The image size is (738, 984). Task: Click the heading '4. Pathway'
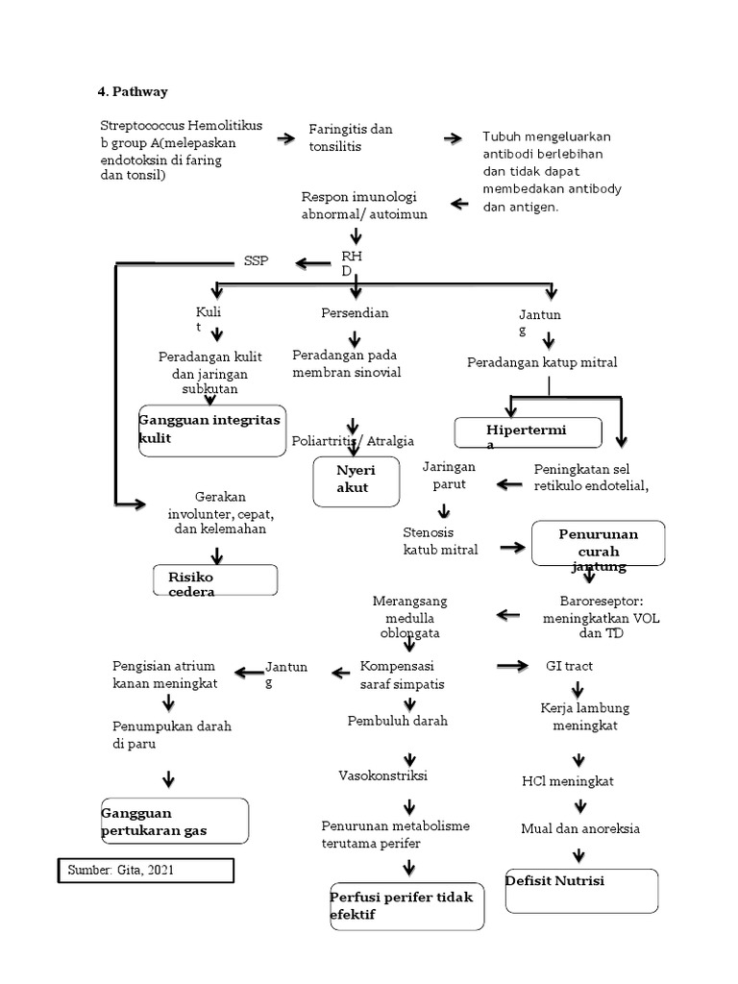tap(133, 92)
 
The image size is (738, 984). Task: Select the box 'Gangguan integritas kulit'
tap(211, 430)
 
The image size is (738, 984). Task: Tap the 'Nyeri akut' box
tap(355, 480)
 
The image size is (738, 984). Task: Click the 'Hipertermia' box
tap(529, 433)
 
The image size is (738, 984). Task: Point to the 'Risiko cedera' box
tap(215, 580)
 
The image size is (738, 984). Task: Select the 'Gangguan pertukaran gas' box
tap(174, 821)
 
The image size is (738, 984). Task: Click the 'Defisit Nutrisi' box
tap(581, 890)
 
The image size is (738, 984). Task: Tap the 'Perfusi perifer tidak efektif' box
tap(406, 906)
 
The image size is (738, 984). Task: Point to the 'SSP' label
tap(257, 261)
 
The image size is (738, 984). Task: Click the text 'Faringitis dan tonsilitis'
tap(350, 137)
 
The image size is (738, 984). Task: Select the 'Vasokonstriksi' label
tap(383, 775)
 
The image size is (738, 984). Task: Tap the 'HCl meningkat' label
tap(568, 780)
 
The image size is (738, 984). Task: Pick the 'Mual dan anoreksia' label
tap(579, 828)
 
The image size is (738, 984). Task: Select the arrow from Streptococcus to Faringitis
tap(286, 139)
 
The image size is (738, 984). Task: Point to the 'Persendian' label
tap(355, 313)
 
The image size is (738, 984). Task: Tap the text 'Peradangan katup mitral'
tap(542, 362)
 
